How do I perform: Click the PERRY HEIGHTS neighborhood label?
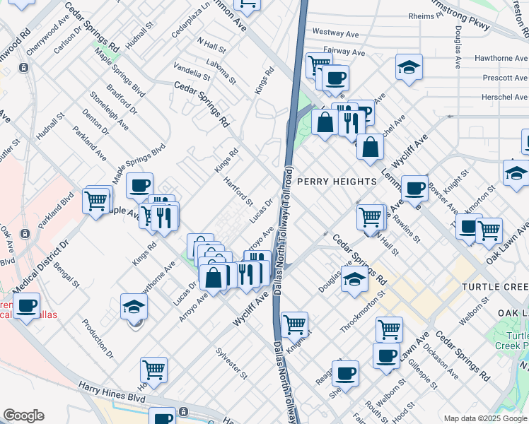(337, 182)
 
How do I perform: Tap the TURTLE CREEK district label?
(495, 286)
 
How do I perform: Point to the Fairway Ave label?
(344, 52)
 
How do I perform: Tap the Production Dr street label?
(97, 337)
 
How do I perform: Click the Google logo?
(24, 416)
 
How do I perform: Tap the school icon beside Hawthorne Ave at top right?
(409, 67)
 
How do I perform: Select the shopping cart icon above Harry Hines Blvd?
(153, 369)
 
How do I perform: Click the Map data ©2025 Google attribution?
(484, 418)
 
